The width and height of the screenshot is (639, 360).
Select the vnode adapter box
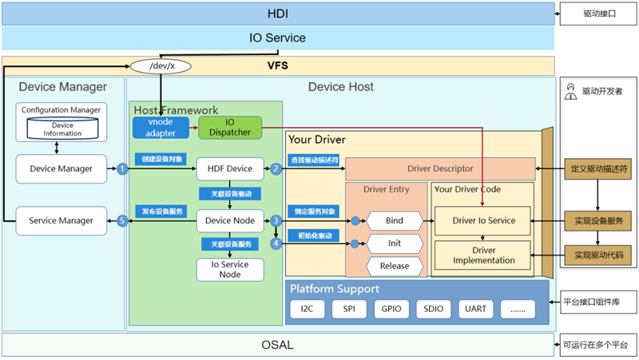[160, 127]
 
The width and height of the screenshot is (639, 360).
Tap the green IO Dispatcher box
[230, 127]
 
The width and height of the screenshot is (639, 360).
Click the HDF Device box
[229, 168]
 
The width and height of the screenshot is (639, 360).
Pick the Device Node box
[229, 220]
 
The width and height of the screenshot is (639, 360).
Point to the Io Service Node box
[229, 269]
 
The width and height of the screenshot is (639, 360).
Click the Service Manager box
[61, 220]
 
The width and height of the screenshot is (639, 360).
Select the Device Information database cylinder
[62, 129]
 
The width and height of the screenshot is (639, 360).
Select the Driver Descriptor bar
[439, 168]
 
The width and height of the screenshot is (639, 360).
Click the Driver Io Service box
[484, 220]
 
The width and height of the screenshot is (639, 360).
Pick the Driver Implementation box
[484, 255]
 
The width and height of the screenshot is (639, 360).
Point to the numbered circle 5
[122, 220]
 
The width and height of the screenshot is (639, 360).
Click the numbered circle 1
[122, 168]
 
